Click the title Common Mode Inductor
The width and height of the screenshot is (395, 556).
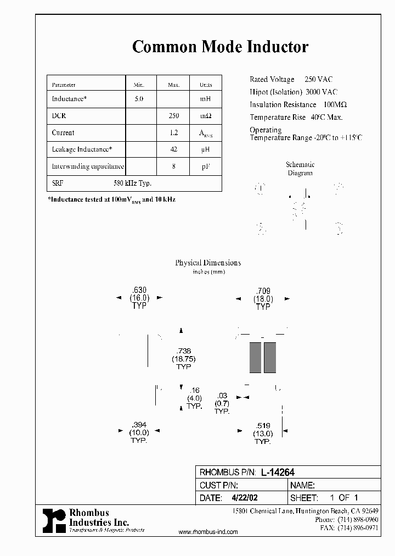pos(220,47)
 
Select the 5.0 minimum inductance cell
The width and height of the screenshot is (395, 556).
pos(139,99)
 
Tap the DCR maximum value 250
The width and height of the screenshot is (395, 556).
pos(173,116)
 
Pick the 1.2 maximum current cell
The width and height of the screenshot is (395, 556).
pos(173,132)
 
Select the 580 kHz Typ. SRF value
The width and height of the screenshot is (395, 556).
pos(132,184)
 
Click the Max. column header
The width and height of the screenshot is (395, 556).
pos(173,85)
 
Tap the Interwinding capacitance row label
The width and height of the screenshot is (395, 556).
pos(88,166)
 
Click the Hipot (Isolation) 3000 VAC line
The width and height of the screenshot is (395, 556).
pos(294,92)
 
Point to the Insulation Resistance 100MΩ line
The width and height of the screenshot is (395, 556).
pos(298,104)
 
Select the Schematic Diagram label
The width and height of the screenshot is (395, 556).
pos(300,169)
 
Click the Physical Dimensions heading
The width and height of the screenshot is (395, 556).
pos(208,263)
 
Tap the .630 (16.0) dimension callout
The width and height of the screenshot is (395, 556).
pos(139,298)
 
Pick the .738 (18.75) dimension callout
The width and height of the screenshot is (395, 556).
pos(183,359)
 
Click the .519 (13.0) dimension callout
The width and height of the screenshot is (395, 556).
pos(263,433)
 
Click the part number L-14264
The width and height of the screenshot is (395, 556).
pos(278,472)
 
